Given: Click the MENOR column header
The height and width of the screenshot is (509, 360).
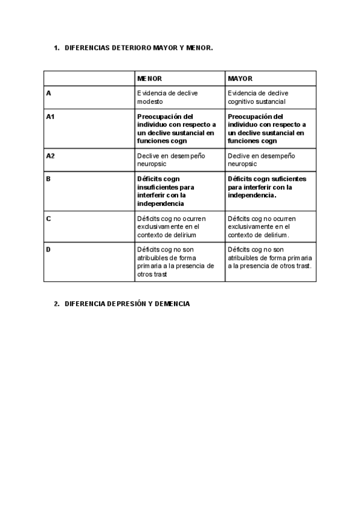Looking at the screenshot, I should [x=149, y=79].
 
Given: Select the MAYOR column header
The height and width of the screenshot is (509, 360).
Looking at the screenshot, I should [x=240, y=79].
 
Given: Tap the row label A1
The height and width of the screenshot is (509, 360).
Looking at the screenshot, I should [x=50, y=116].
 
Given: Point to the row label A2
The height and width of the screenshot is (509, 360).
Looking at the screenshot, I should [x=50, y=155].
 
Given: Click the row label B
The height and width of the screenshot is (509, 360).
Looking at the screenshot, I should [x=48, y=179].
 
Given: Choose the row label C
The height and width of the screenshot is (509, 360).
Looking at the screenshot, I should [x=48, y=218].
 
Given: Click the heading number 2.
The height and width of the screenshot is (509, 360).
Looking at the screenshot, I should [x=56, y=304].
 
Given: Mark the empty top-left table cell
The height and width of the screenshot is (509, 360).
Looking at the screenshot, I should [x=89, y=79].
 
